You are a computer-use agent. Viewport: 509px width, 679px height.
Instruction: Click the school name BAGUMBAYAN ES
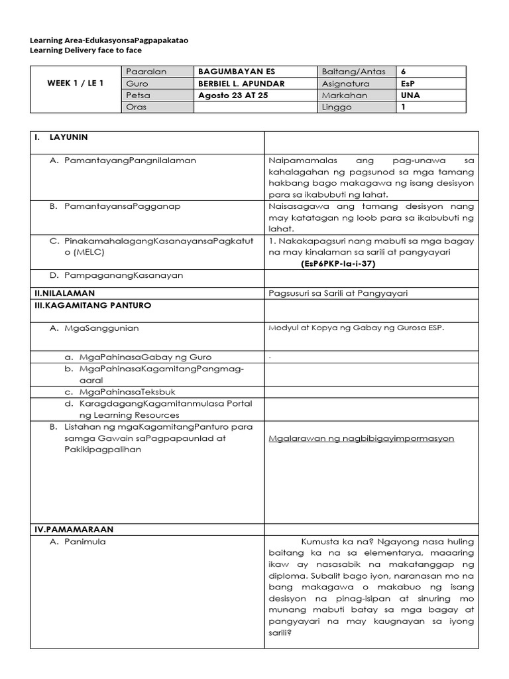click(231, 72)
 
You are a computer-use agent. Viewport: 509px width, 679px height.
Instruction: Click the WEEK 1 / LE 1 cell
click(75, 84)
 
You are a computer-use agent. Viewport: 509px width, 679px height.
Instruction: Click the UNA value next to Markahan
click(410, 95)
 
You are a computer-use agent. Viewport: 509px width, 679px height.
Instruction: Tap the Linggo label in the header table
click(337, 107)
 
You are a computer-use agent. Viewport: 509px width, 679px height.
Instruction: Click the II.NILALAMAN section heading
click(64, 292)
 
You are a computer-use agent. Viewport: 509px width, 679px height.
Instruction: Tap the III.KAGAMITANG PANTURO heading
click(93, 305)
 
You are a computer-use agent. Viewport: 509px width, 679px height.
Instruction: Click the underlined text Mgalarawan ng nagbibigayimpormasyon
click(361, 438)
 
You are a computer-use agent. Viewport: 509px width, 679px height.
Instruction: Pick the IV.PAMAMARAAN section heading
click(74, 529)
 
